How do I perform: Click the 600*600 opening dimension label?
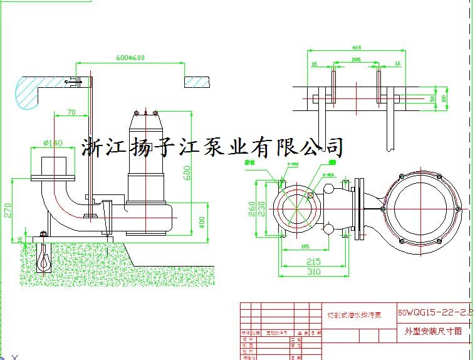pos(130,58)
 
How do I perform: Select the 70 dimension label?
pos(70,112)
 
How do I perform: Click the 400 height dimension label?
pos(202,222)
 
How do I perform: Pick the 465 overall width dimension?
pos(357,47)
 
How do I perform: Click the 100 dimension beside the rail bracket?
pos(444,98)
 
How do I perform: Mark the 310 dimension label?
pos(313,272)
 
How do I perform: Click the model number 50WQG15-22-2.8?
pos(435,312)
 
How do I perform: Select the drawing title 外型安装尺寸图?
pos(434,332)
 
